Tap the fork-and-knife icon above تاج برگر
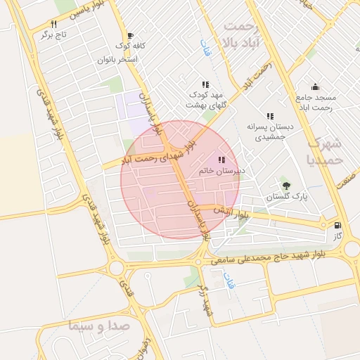tap(53, 23)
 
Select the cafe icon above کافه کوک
tap(130, 35)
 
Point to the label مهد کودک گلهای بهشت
tap(204, 99)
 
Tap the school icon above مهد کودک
tap(205, 84)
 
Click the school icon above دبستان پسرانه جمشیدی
tap(269, 116)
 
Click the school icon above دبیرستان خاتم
tap(222, 160)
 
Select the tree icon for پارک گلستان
tap(285, 186)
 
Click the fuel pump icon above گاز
tap(338, 226)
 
